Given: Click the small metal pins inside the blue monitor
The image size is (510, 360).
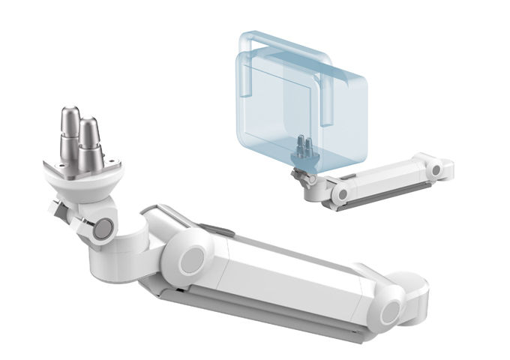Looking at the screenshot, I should coord(304,147).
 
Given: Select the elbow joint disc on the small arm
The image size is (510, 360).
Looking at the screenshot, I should coord(340,193).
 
